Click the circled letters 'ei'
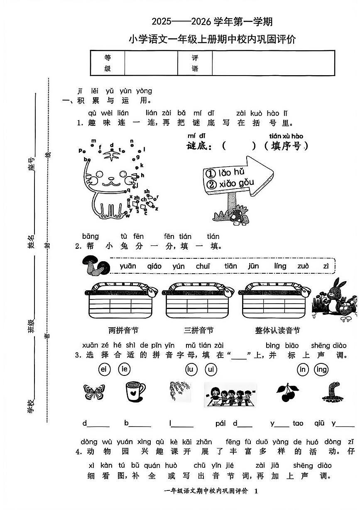pos(104,369)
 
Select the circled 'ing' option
pos(321,369)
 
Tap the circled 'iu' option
pos(191,369)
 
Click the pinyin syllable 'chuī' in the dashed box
pos(203,267)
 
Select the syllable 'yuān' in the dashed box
pos(127,267)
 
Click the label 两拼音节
pos(123,331)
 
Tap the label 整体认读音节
pos(277,331)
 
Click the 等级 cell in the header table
pos(108,63)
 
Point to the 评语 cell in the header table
pos(195,63)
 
